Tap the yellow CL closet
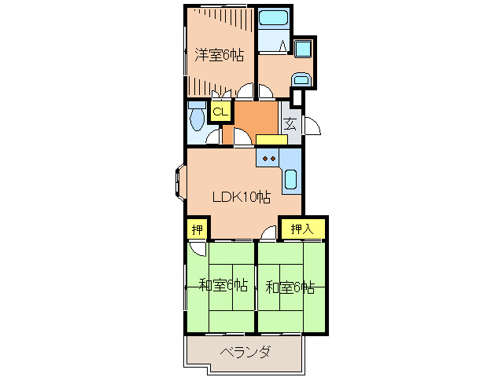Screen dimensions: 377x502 click(x=220, y=112)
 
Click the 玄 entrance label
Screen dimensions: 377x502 click(x=290, y=123)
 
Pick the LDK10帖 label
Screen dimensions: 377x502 click(x=242, y=197)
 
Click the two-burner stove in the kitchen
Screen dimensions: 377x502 click(x=268, y=159)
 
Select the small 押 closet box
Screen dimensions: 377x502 click(x=196, y=229)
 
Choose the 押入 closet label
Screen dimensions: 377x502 click(x=302, y=229)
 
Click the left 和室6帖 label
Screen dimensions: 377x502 click(x=223, y=286)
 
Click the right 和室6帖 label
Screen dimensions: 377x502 click(x=290, y=286)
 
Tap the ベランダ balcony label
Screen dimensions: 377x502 click(x=244, y=352)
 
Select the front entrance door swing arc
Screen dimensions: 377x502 click(x=312, y=126)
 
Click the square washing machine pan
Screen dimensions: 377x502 click(x=302, y=49)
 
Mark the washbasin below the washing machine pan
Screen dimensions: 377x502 click(x=300, y=79)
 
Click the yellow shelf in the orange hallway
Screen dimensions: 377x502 click(x=272, y=140)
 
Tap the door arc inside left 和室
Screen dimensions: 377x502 click(x=197, y=249)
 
